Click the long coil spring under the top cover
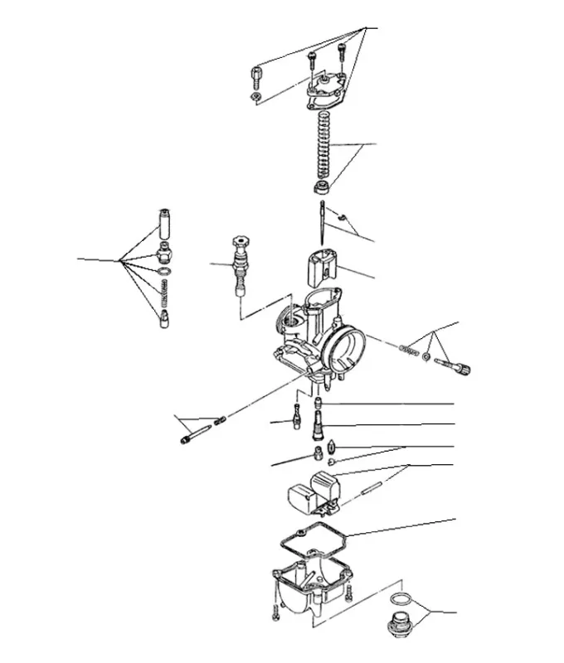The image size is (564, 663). pos(323,145)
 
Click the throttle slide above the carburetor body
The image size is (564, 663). pos(319,266)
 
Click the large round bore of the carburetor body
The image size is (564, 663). pos(348,347)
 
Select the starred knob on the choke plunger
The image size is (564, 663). pos(241,244)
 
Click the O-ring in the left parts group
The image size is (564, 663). pos(164,273)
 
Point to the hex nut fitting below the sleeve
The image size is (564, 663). pos(164,252)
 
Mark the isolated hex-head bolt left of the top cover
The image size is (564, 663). pos(256,80)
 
